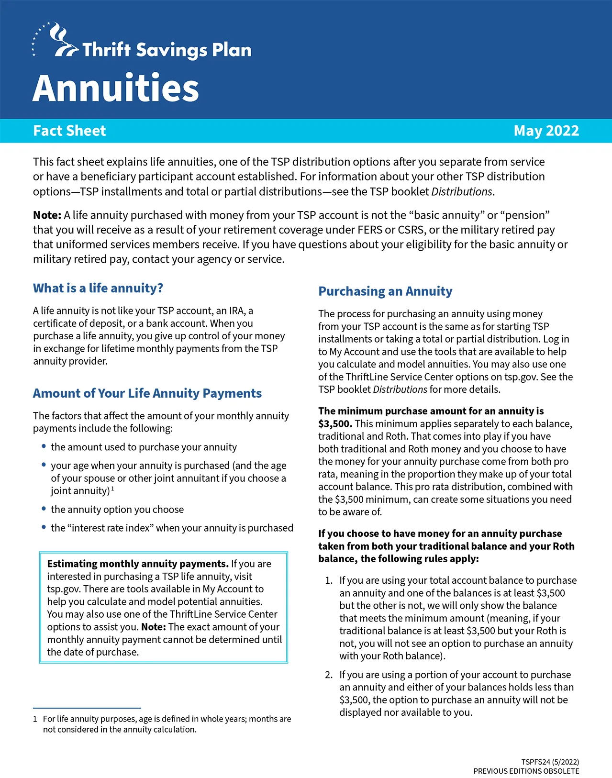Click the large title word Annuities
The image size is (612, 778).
(x=116, y=88)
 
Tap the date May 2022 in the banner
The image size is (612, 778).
(x=546, y=131)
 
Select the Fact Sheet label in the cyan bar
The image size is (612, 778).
(x=69, y=131)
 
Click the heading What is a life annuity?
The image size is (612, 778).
(x=98, y=288)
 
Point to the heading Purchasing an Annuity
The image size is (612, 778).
(x=385, y=291)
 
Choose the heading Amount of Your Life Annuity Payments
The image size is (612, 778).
(x=147, y=393)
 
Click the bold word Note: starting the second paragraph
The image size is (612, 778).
(x=47, y=215)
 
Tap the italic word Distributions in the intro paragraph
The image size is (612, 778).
(x=462, y=192)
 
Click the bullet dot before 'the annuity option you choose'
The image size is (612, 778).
(x=44, y=509)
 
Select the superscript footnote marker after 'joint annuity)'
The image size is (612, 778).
(x=112, y=489)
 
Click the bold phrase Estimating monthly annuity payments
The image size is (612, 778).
(x=138, y=564)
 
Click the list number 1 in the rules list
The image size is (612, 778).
(x=328, y=580)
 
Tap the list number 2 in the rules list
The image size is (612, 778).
(x=328, y=675)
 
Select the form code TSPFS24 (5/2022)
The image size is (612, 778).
(x=550, y=762)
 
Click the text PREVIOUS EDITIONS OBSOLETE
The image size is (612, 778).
(x=526, y=771)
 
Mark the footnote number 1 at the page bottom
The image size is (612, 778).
(x=35, y=719)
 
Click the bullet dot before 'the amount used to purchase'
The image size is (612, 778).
(x=44, y=446)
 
